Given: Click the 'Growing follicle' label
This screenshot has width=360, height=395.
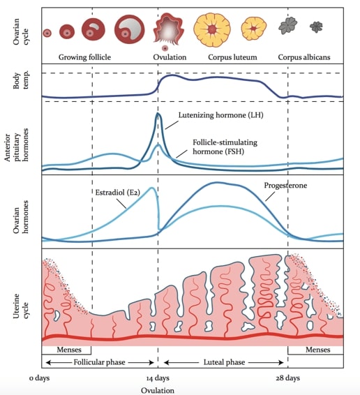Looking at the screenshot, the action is tap(84, 57).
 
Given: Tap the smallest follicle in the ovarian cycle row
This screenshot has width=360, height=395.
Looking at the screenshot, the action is tap(47, 33).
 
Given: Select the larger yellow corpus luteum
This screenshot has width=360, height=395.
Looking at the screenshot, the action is tap(212, 30).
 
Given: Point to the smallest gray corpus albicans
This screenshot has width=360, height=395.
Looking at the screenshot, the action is tap(316, 27).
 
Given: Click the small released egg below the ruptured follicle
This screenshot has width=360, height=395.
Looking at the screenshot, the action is tap(165, 48).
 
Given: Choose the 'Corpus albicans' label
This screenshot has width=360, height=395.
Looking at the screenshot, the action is tap(304, 57).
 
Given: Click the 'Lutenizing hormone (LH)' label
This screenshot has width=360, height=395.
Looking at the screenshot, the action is tap(220, 115).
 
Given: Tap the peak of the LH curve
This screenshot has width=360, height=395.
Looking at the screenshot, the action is tap(158, 113).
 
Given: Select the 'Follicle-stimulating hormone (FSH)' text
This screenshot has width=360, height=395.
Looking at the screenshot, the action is tap(225, 147).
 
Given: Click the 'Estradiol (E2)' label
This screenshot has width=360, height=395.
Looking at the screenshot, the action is tap(117, 193).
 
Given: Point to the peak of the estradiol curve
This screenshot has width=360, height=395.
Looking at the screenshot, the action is tap(152, 188).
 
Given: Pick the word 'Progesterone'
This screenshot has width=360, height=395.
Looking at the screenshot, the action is tap(285, 186).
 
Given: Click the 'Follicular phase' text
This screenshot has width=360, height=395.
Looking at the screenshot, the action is tap(99, 362).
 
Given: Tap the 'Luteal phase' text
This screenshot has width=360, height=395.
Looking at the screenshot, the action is tap(224, 362).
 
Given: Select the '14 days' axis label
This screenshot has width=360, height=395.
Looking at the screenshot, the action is tap(158, 378).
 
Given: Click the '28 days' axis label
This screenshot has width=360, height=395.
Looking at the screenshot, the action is tap(287, 378).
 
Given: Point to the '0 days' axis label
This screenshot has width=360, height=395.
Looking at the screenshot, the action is tap(39, 378).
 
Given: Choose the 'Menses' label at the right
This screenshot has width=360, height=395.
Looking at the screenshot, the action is tap(317, 350).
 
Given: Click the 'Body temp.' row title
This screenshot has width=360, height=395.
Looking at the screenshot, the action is tap(21, 81).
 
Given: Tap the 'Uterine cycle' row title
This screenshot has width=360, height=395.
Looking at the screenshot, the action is tap(21, 306).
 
